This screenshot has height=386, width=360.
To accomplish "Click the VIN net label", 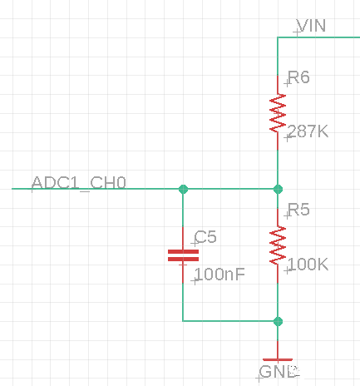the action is [311, 26].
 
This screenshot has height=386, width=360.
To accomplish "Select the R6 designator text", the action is [298, 77].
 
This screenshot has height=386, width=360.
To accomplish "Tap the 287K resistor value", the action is [308, 131].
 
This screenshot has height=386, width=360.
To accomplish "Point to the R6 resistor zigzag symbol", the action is [278, 113].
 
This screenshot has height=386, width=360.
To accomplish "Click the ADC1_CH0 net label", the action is [79, 182].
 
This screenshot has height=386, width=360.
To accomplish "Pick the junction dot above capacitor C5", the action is [183, 189].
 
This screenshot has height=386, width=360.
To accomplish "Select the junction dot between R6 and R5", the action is [278, 189].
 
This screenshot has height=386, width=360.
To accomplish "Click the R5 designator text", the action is [298, 210].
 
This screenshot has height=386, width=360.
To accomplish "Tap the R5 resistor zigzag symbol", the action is [278, 245].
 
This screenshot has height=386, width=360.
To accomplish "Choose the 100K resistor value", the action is [308, 264].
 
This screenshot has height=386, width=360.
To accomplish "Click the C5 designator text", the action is [205, 237].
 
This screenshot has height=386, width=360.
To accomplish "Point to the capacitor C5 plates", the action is [183, 255].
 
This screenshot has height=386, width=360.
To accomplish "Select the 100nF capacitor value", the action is [220, 275].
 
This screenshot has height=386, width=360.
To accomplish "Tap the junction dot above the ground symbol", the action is [278, 321].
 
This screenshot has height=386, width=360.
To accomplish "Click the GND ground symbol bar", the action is [278, 359].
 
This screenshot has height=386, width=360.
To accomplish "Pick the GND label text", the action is [279, 372].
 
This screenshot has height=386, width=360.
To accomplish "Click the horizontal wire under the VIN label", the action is [318, 37].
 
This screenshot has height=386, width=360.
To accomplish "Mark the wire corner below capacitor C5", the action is [183, 321].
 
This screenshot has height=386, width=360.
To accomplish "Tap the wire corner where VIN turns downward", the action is [278, 37].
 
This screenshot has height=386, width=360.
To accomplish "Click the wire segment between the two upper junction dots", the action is [230, 189].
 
